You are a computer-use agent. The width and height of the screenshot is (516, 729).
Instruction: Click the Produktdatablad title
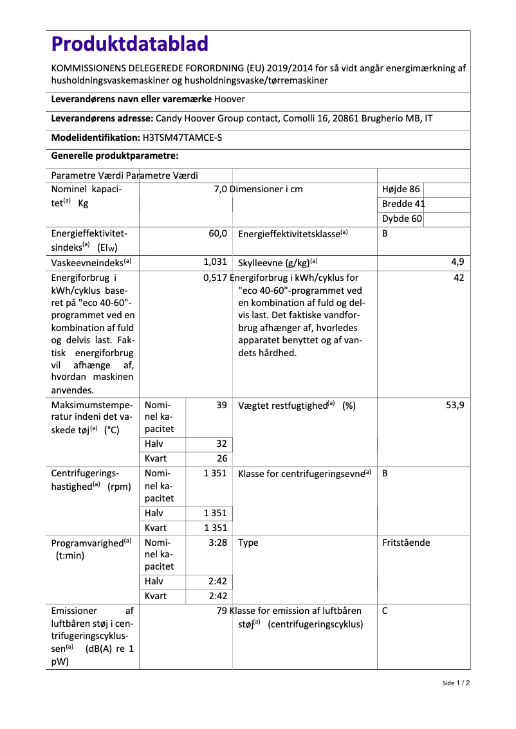coord(130,44)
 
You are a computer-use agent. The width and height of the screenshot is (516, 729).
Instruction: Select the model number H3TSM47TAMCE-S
coord(183,137)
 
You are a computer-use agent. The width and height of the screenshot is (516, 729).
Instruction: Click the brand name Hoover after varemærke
coord(230,99)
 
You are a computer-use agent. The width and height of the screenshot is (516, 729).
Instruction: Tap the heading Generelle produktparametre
coord(115,156)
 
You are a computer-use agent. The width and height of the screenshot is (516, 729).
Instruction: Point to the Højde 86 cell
coord(401,189)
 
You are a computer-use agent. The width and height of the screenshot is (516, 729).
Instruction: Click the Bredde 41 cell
coord(403,204)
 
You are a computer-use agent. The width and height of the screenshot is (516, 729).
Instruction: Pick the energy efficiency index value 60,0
coord(217,234)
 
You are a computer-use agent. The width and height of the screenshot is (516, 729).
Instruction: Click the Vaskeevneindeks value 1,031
coord(215,262)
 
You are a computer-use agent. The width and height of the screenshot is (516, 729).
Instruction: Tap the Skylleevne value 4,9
coord(457,262)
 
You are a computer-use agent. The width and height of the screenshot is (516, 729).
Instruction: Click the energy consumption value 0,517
coord(216,278)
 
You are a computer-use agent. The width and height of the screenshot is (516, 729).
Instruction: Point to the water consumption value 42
coord(459,278)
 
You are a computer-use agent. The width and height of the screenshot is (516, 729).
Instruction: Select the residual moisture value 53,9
coord(455,405)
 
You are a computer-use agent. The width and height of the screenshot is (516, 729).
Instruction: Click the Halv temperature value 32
coord(221,444)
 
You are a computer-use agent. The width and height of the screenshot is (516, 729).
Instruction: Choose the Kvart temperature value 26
coord(221,458)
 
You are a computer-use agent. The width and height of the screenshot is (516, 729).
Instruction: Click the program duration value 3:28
coord(218,543)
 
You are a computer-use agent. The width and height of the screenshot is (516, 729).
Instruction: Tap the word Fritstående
coord(406,543)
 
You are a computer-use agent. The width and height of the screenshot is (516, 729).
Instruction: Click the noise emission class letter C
coord(385,611)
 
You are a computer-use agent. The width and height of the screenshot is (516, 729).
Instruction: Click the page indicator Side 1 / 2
coord(456,683)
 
